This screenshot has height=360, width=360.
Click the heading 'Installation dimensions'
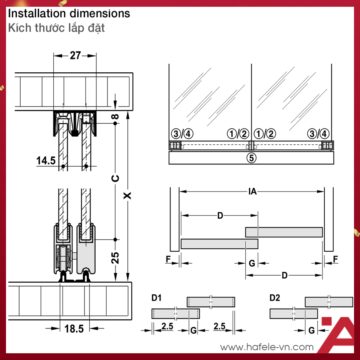click(69, 13)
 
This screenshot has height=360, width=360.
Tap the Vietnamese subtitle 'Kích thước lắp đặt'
click(56, 28)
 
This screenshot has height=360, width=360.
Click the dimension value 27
click(75, 55)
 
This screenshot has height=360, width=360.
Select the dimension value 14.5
click(46, 160)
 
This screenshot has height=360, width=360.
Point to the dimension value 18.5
click(74, 328)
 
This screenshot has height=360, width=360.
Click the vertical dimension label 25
click(115, 258)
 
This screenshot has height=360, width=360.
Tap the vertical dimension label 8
click(115, 117)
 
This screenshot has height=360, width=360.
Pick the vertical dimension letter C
click(115, 178)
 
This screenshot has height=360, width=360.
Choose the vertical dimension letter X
click(127, 196)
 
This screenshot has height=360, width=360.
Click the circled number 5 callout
click(251, 158)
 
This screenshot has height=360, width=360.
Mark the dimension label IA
click(252, 191)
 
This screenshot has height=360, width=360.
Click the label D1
click(156, 298)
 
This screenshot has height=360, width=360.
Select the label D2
click(275, 298)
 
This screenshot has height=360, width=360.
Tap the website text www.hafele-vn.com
click(267, 347)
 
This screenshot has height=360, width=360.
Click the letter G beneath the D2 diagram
click(312, 330)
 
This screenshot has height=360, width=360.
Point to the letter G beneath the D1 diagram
click(193, 330)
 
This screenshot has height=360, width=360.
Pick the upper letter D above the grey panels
click(220, 216)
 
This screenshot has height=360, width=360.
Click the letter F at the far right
click(335, 259)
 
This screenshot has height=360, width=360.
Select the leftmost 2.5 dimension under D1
click(167, 326)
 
